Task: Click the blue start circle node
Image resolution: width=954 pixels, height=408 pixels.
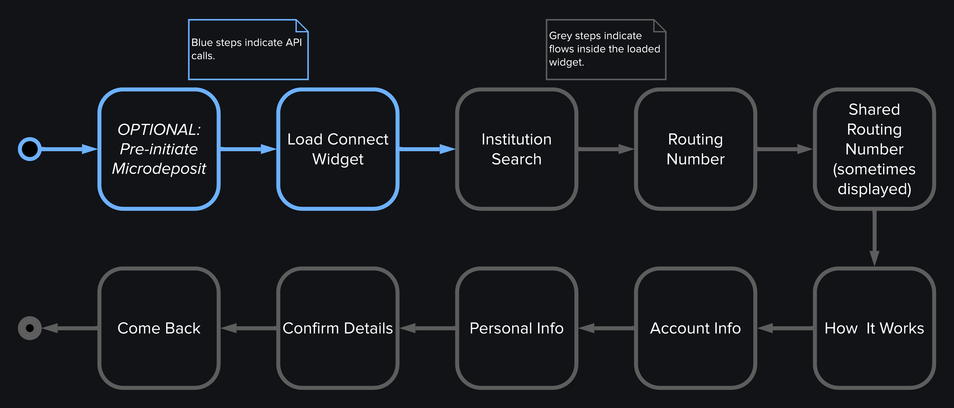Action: [x=30, y=149]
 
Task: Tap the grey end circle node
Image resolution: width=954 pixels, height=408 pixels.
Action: [x=30, y=328]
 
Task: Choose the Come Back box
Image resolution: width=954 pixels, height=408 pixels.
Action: [x=159, y=328]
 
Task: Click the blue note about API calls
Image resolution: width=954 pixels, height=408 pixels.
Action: [x=248, y=49]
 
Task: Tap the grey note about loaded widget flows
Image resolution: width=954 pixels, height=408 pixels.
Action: [x=606, y=49]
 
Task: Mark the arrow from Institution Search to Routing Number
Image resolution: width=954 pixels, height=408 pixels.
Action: [x=606, y=149]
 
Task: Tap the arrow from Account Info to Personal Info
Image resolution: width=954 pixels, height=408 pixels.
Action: [x=606, y=328]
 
